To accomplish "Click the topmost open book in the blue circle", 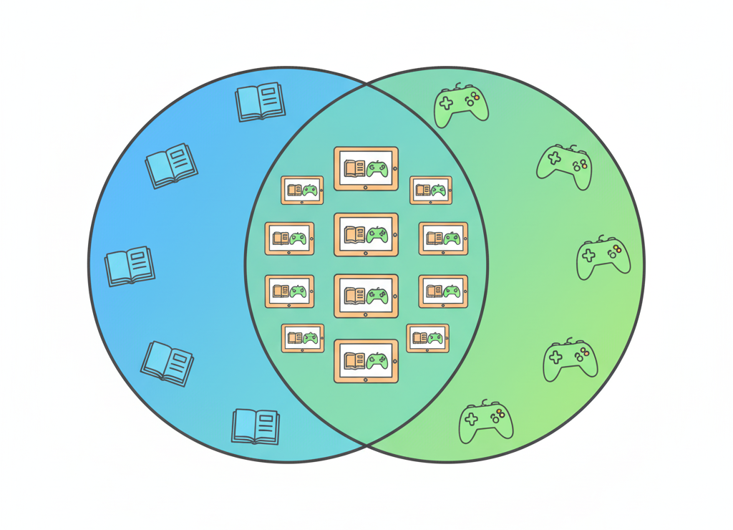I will [x=260, y=102].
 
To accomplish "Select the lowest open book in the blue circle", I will [x=256, y=426].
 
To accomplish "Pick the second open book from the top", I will [x=170, y=166].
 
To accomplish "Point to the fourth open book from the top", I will [x=168, y=362].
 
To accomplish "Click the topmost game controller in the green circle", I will [x=462, y=105].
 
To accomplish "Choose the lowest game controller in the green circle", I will [x=486, y=422].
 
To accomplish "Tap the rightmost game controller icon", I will [x=603, y=257].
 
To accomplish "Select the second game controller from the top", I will [x=564, y=166].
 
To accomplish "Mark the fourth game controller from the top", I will [x=570, y=360].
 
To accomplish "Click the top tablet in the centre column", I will [x=366, y=169].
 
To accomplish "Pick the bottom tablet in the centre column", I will [x=366, y=361].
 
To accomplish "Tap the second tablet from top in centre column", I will [x=366, y=234].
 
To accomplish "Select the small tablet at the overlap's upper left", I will [x=302, y=190].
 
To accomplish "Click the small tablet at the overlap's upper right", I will [x=430, y=190].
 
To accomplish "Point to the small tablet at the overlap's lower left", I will [x=303, y=338].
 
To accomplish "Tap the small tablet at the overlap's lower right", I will [x=428, y=338].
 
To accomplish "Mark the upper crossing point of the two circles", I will [x=366, y=84].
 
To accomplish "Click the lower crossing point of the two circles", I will [x=366, y=445].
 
